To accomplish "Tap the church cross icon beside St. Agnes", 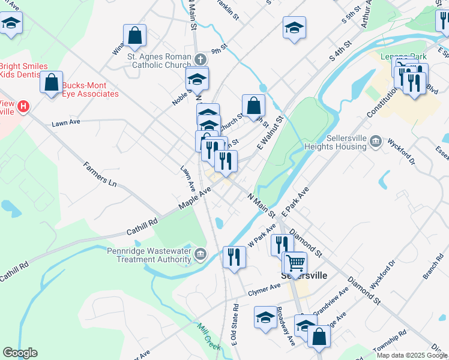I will pyautogui.click(x=200, y=59).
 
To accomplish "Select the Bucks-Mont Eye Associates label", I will pyautogui.click(x=90, y=89).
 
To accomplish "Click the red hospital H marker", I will pyautogui.click(x=23, y=107).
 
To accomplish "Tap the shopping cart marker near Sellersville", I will pyautogui.click(x=295, y=263).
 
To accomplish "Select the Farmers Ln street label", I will pyautogui.click(x=100, y=173).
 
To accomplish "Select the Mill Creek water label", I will pyautogui.click(x=209, y=336).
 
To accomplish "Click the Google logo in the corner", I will pyautogui.click(x=20, y=353).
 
